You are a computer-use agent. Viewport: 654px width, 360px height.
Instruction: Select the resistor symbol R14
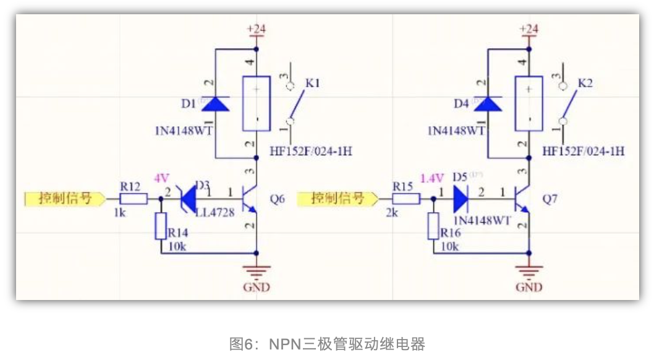coord(161,226)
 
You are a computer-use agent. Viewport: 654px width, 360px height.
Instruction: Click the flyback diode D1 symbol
coord(214,103)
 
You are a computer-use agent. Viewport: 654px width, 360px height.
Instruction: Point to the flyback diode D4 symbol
coord(487,103)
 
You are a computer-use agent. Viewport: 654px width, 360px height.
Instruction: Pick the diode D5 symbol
coord(461,199)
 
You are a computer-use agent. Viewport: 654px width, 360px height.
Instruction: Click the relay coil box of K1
coord(256,103)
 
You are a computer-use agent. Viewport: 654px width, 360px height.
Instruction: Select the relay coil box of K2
coord(529,103)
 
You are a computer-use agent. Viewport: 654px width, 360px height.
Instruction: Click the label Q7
coord(550,199)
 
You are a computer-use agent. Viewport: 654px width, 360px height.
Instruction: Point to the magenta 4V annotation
coord(161,178)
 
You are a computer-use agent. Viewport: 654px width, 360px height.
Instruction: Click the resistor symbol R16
coord(434,226)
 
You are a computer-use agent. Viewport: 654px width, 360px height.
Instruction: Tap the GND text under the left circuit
coord(257,287)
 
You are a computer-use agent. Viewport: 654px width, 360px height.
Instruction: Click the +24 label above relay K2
coord(529,29)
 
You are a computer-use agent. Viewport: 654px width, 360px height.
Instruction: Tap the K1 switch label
coord(313,83)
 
